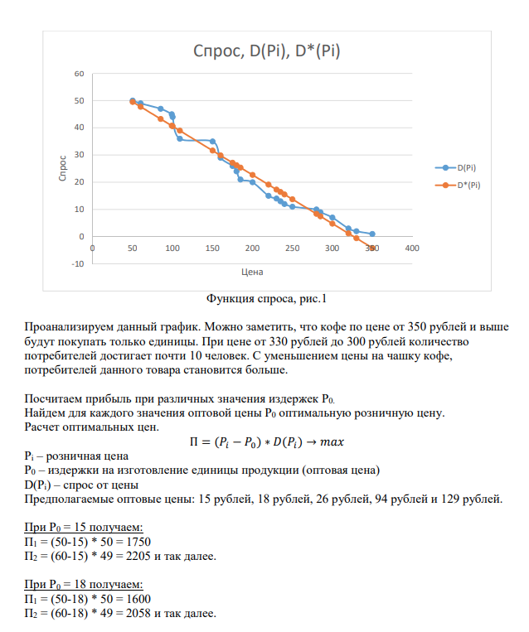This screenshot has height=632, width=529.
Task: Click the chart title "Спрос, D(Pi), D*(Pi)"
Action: (267, 51)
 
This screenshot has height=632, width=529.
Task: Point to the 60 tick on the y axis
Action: (79, 74)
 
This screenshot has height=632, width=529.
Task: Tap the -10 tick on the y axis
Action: (77, 263)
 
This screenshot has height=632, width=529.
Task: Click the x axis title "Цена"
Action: (252, 272)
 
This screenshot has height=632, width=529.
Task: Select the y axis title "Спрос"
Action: (63, 168)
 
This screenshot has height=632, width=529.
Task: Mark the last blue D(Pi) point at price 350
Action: (372, 234)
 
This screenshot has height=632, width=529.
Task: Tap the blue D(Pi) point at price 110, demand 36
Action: (180, 138)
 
